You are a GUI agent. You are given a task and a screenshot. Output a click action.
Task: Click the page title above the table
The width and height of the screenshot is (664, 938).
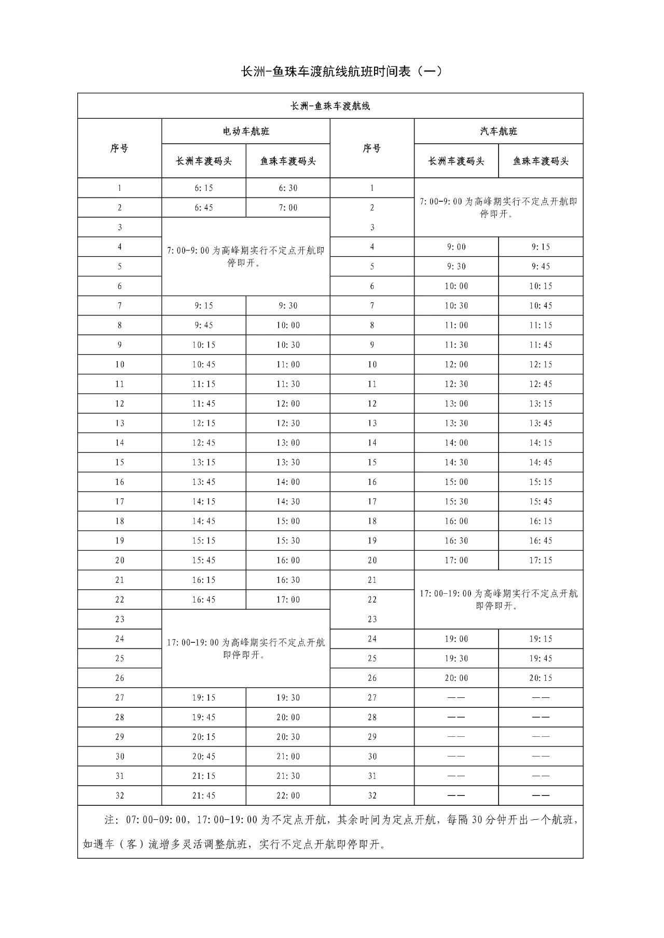coord(342,72)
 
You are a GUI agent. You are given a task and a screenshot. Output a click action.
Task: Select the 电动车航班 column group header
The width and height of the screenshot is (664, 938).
coord(246,132)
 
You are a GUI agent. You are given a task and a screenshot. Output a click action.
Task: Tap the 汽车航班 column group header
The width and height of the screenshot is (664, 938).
coord(499,132)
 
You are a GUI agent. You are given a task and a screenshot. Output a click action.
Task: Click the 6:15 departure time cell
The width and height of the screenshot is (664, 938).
coord(204,188)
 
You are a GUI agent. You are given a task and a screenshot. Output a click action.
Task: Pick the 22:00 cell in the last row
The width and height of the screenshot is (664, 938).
coord(288,795)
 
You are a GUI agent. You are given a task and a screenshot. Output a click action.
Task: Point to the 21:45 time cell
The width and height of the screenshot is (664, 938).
coord(204,795)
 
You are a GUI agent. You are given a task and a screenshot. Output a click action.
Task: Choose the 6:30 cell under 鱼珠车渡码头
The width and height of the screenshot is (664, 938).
coord(288,188)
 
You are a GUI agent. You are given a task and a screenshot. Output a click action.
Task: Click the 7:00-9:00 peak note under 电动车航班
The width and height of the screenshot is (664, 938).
coord(246,257)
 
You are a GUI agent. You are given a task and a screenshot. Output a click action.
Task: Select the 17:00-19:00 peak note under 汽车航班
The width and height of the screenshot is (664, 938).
coord(499,599)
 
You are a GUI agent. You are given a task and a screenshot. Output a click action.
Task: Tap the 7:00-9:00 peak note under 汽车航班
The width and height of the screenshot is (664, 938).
coord(499,207)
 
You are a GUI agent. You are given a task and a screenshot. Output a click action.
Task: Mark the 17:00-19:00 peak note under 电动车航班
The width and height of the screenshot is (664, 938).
coord(246,648)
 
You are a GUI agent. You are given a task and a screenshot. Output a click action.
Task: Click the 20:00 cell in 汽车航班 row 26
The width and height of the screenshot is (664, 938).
coord(457,678)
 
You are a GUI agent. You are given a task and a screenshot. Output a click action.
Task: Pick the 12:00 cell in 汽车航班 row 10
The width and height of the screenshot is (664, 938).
coord(457,365)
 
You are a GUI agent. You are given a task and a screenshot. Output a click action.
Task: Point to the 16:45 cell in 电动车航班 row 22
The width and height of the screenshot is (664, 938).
coord(204,599)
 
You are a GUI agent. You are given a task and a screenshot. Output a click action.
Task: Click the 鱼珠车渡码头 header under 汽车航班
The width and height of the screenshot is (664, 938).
coord(541,161)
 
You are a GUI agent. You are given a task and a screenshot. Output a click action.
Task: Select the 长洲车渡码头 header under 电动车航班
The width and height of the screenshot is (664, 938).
coord(204,161)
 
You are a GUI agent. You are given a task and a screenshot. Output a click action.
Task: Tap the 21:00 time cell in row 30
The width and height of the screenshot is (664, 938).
coord(288,757)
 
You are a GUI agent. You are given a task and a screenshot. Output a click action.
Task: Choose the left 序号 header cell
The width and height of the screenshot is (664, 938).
coord(119,149)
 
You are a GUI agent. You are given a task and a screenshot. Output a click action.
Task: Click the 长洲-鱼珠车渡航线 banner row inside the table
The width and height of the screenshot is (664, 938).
coord(330,106)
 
